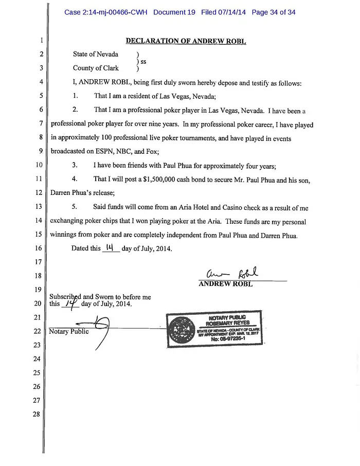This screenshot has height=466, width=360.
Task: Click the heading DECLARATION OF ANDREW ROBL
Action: [186, 41]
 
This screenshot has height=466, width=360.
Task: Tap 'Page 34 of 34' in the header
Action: [274, 12]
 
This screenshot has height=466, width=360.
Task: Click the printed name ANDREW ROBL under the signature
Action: [225, 284]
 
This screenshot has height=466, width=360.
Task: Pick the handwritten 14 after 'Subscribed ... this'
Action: [70, 303]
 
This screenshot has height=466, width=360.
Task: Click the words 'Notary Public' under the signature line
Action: [68, 332]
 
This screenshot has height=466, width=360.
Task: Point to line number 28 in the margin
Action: [36, 414]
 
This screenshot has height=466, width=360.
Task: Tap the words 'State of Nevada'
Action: [96, 55]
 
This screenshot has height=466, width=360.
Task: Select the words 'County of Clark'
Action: [96, 68]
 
